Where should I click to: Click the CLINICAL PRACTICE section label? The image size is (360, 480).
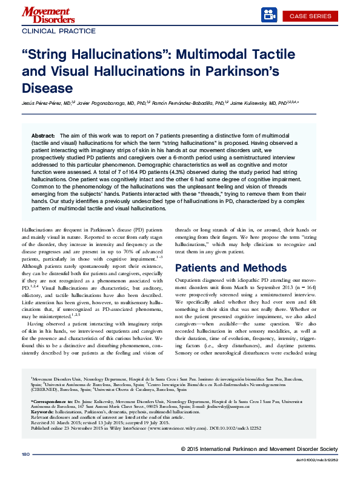pyautogui.click(x=59, y=30)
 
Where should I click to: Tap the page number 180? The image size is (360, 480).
pyautogui.click(x=25, y=470)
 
